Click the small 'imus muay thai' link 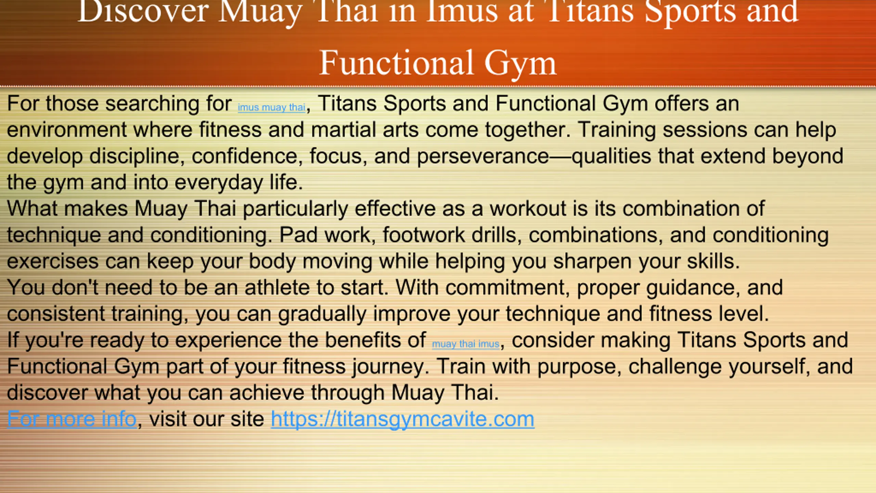[271, 108]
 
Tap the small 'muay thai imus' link [466, 344]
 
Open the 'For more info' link [72, 419]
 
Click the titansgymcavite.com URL [402, 419]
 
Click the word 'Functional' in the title [397, 63]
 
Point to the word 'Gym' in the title [520, 65]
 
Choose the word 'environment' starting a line [67, 130]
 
